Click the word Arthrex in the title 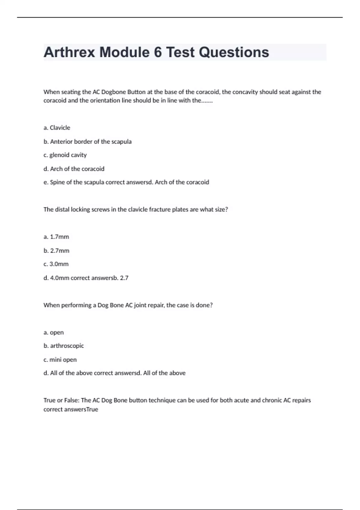[69, 52]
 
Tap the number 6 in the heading [158, 52]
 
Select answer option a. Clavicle [57, 128]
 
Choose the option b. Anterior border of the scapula [87, 142]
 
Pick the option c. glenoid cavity [65, 155]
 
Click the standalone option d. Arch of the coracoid [74, 169]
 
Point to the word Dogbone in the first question [113, 92]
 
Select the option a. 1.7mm [56, 237]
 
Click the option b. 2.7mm [56, 251]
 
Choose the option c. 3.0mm [56, 264]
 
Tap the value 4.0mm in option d [59, 278]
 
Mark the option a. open [53, 332]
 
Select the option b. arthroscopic [64, 346]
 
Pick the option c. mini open [60, 360]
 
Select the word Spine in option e [57, 182]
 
